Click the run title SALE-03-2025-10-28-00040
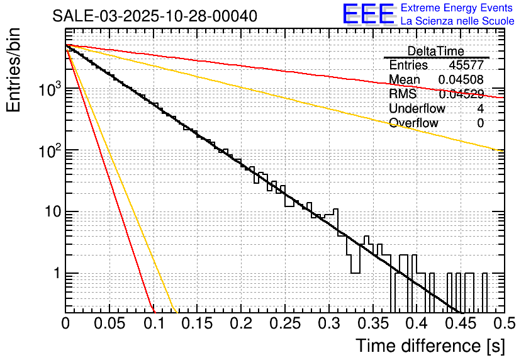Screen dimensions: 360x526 (x=155, y=16)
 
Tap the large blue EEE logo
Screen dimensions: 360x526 (x=368, y=15)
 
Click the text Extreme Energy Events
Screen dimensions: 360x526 (x=457, y=8)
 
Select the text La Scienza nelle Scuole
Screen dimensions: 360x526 (x=457, y=21)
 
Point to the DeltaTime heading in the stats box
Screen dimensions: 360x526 (x=436, y=51)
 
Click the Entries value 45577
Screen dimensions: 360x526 (x=466, y=65)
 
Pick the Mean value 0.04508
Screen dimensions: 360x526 (x=461, y=79)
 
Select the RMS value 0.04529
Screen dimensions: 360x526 (x=461, y=94)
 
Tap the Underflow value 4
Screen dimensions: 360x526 (x=480, y=109)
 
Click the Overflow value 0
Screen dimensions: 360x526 (x=480, y=123)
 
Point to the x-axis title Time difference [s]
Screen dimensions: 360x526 (x=430, y=346)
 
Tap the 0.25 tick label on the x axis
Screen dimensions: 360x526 (x=284, y=324)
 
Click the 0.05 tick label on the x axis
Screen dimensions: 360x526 (x=109, y=324)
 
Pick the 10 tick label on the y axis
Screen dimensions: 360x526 (x=52, y=212)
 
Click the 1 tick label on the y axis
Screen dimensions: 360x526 (x=56, y=274)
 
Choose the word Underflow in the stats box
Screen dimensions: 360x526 (x=417, y=109)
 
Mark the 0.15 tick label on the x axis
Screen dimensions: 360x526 (x=197, y=324)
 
